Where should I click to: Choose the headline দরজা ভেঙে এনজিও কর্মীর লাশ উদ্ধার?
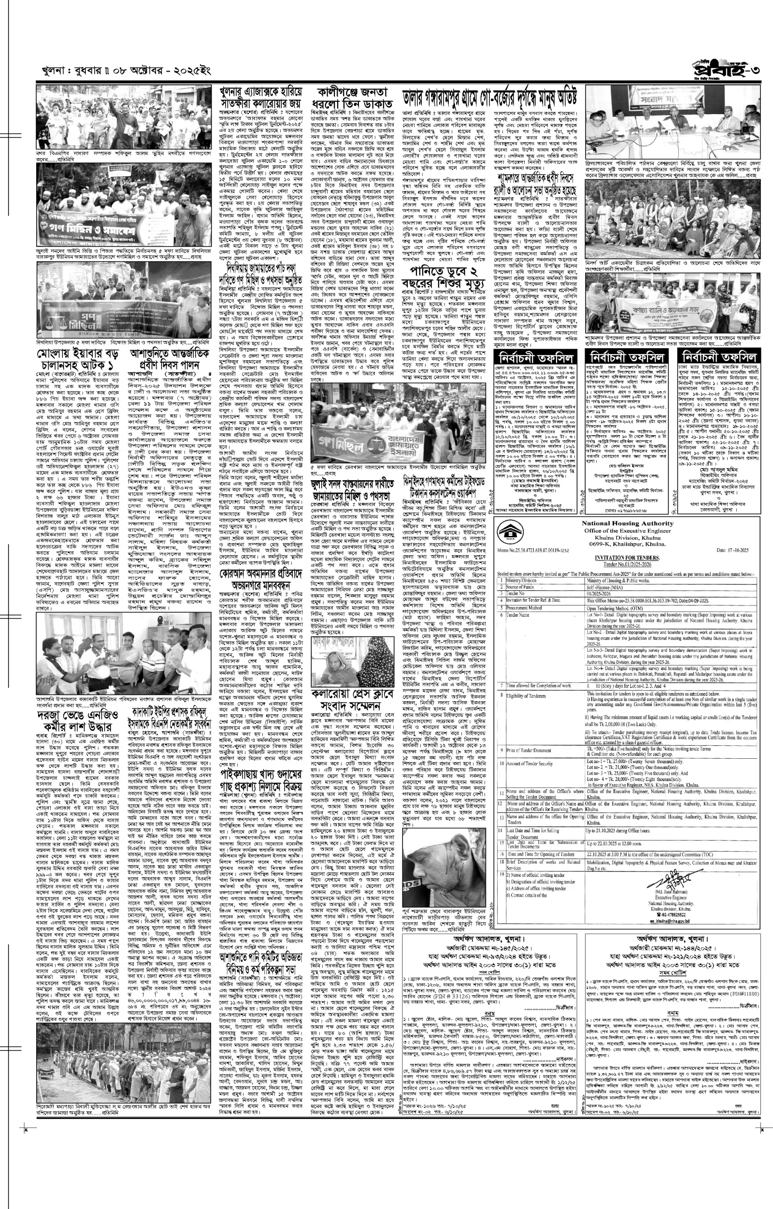point(76,720)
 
